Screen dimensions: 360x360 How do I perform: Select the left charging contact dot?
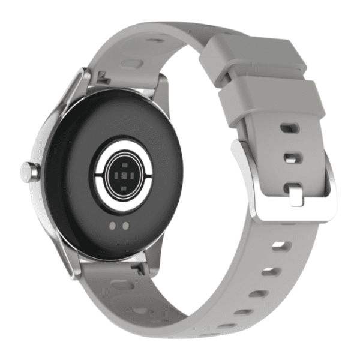pos(112,226)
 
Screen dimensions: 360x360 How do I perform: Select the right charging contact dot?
pos(125,226)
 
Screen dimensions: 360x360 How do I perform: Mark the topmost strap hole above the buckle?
pos(290,128)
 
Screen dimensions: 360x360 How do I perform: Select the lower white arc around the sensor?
pos(123,202)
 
